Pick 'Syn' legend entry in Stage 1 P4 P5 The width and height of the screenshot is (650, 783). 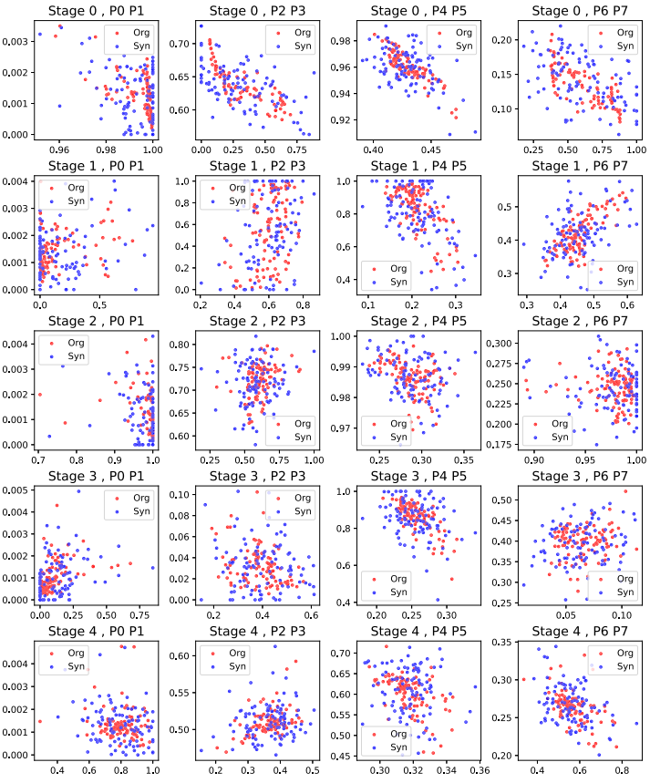399,282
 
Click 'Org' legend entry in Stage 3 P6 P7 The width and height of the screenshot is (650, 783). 623,578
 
